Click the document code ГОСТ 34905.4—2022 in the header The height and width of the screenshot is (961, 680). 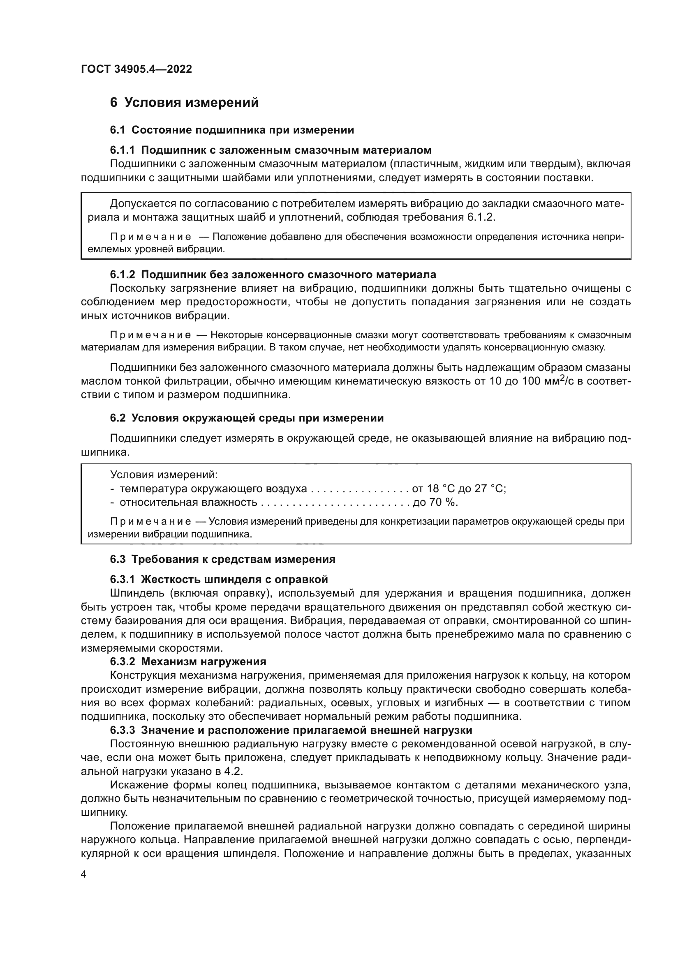136,69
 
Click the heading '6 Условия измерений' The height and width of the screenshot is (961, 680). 184,103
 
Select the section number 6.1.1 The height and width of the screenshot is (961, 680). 122,150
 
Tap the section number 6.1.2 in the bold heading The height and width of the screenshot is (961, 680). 122,274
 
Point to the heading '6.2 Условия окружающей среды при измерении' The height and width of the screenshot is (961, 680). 247,418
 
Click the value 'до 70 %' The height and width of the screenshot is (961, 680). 435,502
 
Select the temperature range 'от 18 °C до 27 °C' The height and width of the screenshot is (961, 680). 459,489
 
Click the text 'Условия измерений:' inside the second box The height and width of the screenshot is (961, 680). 164,475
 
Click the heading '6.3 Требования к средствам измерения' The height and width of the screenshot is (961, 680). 222,559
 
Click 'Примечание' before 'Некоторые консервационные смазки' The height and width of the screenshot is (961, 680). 150,335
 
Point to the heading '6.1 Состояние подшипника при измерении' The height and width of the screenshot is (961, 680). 232,130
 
